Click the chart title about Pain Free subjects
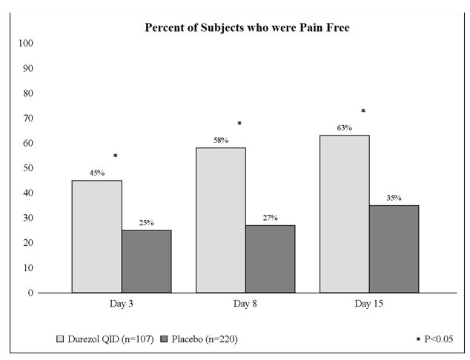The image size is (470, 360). [x=246, y=28]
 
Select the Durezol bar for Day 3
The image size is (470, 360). [x=96, y=236]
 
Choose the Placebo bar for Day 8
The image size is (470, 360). [x=270, y=259]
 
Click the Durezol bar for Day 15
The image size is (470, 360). [x=344, y=214]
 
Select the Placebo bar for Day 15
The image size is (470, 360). [x=394, y=249]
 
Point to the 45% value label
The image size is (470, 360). [x=96, y=173]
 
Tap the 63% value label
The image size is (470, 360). [x=344, y=128]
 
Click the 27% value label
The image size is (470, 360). [x=270, y=218]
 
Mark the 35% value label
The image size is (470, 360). [x=394, y=198]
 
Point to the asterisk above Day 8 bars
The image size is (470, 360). [x=239, y=124]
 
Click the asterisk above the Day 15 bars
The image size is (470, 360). [x=363, y=111]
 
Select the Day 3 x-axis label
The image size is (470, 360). [x=122, y=304]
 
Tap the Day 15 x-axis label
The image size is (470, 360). [x=368, y=304]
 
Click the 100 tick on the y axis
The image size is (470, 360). [x=26, y=43]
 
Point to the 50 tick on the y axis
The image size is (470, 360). [x=28, y=168]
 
